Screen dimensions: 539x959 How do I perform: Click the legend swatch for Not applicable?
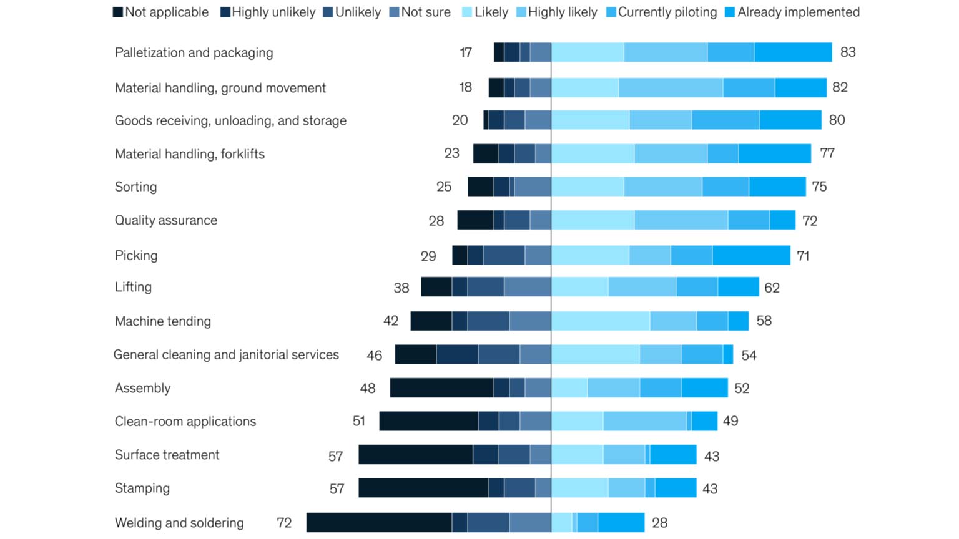(x=117, y=12)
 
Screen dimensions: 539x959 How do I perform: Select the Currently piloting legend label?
(x=667, y=12)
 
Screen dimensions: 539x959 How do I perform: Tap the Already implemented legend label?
(x=798, y=12)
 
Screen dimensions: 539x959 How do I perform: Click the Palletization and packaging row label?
(x=194, y=52)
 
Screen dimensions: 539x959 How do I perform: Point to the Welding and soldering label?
(x=179, y=523)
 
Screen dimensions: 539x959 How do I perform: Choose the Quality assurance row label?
(x=166, y=220)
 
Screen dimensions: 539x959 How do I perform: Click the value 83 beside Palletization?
(x=847, y=52)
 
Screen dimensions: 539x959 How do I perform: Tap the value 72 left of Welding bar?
(x=284, y=523)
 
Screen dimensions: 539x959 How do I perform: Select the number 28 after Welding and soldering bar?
(x=659, y=523)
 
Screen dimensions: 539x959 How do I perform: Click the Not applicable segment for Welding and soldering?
(x=379, y=523)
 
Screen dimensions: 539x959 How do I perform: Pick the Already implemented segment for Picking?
(x=751, y=255)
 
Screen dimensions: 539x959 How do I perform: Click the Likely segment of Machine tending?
(x=600, y=321)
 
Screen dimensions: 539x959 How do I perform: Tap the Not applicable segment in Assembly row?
(x=441, y=388)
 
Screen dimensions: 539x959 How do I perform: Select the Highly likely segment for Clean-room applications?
(x=644, y=421)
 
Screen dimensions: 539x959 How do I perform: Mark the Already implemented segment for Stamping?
(x=676, y=488)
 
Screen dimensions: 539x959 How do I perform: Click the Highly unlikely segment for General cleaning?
(x=457, y=354)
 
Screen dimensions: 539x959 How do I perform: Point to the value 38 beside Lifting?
(x=401, y=288)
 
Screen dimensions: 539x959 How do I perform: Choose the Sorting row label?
(x=135, y=187)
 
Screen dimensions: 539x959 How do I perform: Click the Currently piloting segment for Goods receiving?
(x=725, y=120)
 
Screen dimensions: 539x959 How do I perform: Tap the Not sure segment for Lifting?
(x=527, y=287)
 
